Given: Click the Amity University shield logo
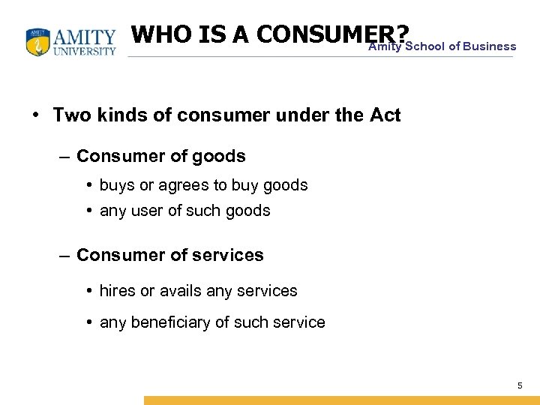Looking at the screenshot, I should (38, 43).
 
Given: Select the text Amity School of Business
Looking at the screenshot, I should (442, 46).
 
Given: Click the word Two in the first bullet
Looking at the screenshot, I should (70, 115).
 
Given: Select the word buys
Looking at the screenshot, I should (115, 185).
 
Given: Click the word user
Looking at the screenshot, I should (148, 211).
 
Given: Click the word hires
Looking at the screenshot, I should (117, 290).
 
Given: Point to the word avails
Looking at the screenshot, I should (180, 290).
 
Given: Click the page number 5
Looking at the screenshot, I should (519, 385).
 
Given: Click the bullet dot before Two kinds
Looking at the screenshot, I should (36, 115).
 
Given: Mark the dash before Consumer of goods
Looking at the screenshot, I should (65, 156).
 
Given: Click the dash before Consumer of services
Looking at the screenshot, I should (65, 255).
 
